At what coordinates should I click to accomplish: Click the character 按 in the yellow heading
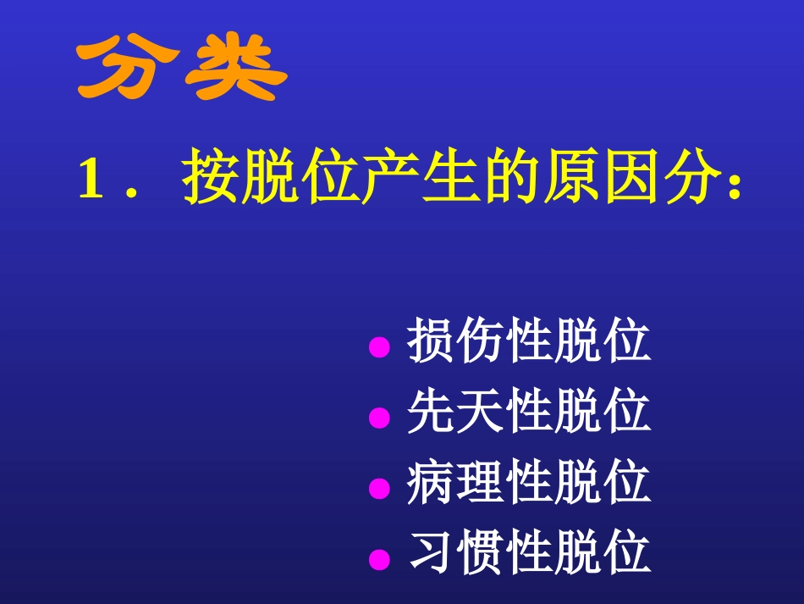pos(208,177)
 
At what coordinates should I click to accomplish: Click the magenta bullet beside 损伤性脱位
pos(380,346)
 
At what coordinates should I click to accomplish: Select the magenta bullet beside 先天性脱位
pos(380,418)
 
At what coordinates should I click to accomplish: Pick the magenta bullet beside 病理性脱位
pos(380,488)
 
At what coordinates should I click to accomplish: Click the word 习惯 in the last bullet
pos(456,553)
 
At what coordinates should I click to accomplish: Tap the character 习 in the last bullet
pos(432,553)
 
